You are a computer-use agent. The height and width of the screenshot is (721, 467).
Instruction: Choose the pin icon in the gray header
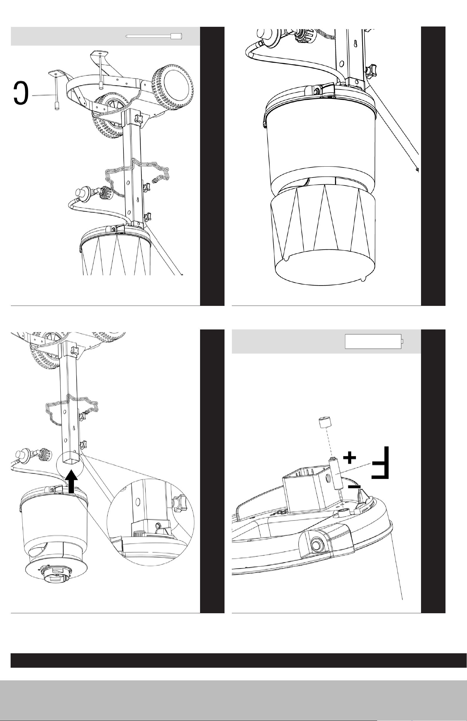[x=154, y=36]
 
